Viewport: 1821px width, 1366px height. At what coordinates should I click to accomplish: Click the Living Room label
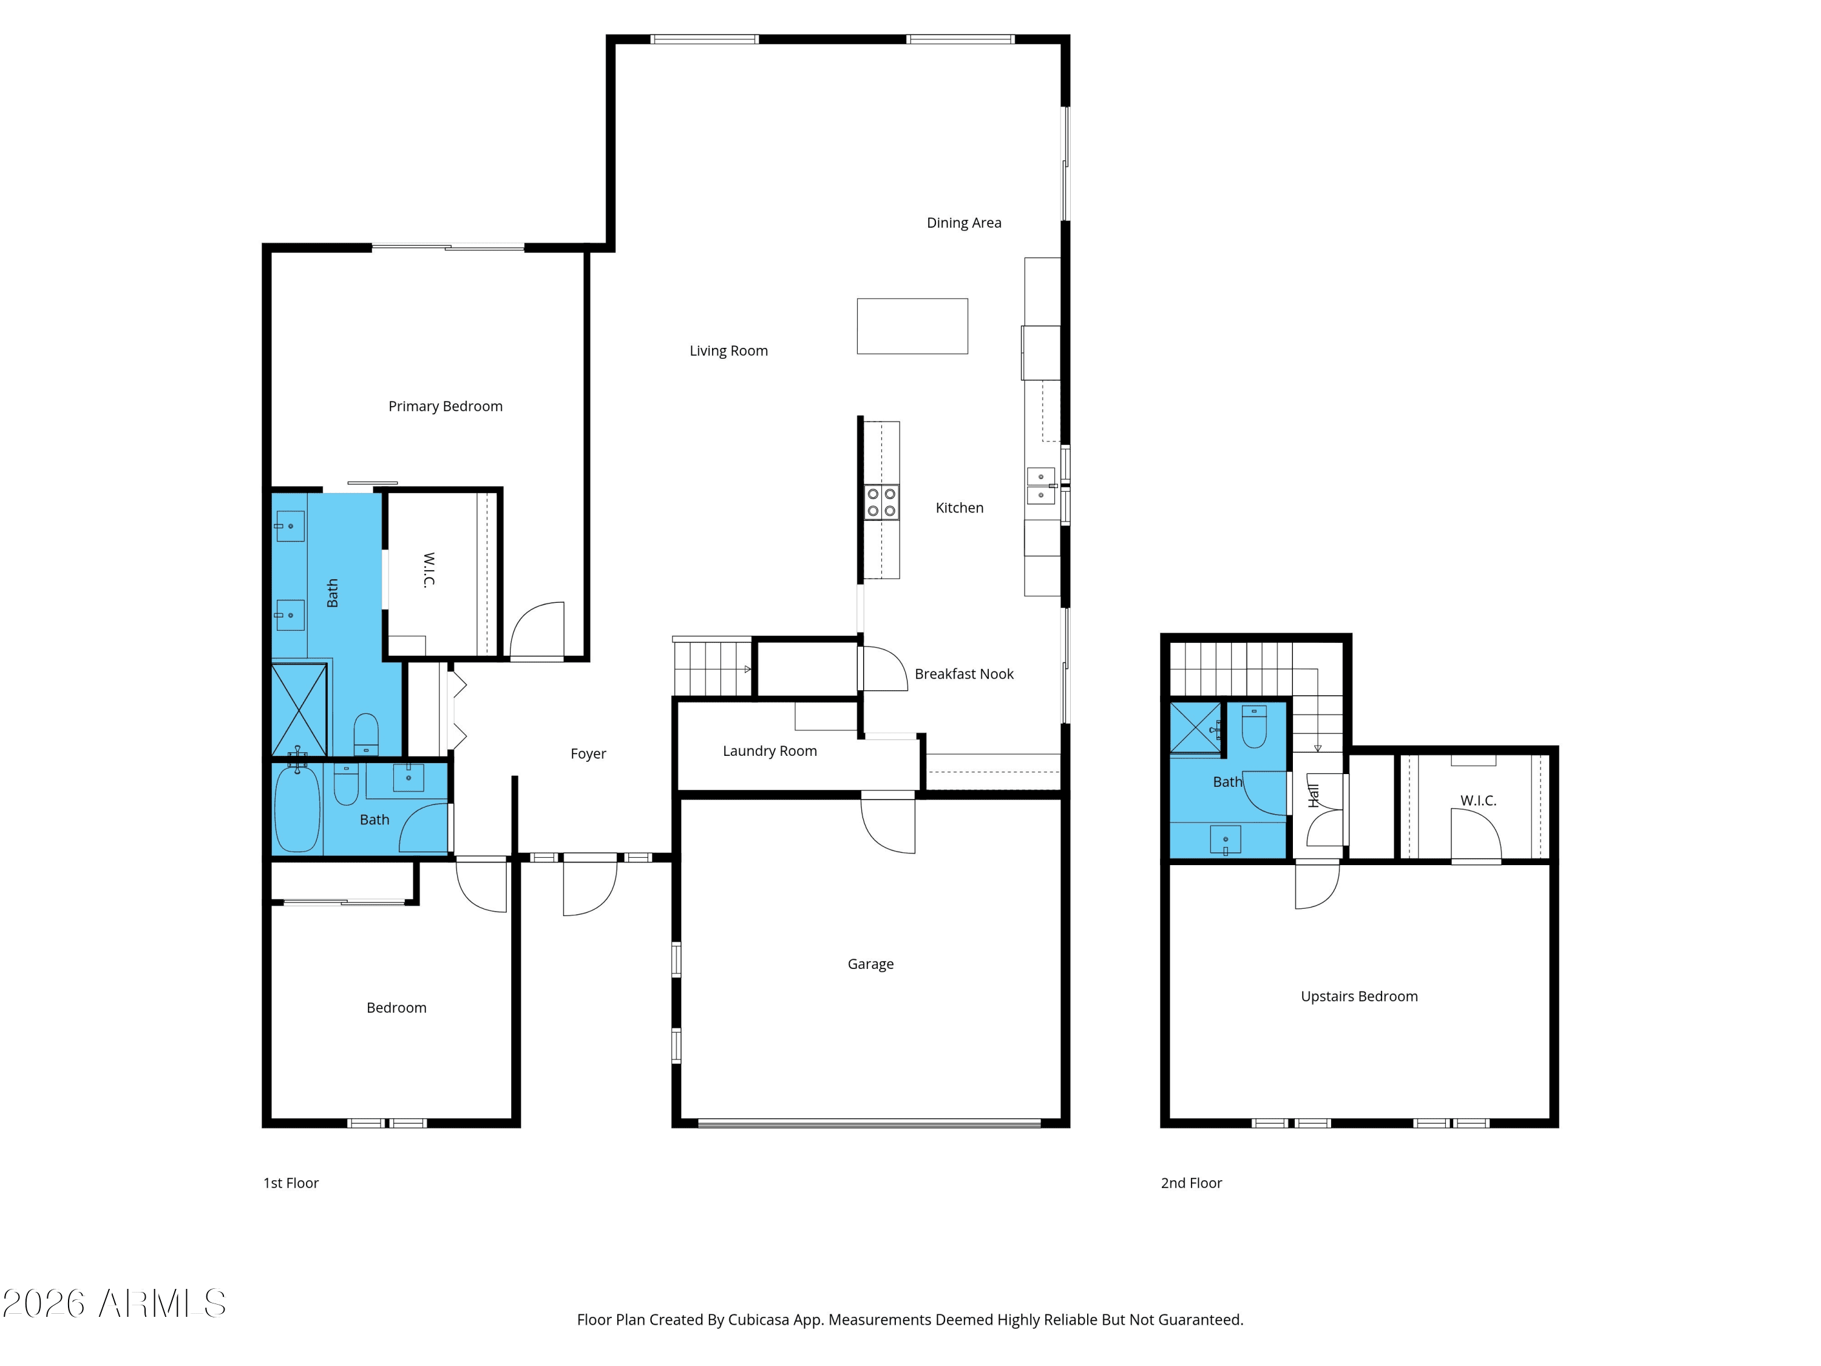coord(728,351)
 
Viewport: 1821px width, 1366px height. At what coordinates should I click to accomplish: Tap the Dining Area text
coord(964,223)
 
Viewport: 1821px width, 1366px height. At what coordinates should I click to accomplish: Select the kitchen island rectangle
coord(912,326)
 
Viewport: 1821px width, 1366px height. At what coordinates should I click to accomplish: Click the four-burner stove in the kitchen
coord(881,502)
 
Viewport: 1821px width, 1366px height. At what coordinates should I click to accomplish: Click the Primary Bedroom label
coord(446,407)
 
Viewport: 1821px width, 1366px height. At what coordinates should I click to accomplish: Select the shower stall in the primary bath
coord(300,710)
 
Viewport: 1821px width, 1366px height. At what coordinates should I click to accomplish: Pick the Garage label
coord(870,964)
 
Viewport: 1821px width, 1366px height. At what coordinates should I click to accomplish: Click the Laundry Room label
coord(770,751)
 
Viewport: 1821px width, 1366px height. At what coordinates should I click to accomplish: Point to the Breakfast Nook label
coord(964,675)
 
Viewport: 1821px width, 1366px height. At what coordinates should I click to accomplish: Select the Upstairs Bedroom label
coord(1359,996)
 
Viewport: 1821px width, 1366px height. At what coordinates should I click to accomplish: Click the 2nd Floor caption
coord(1191,1183)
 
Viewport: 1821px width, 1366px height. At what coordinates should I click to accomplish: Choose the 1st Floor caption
coord(291,1183)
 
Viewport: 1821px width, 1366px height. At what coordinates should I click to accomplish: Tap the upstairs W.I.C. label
coord(1479,800)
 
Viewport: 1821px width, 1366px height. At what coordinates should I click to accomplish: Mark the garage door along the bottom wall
coord(869,1123)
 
